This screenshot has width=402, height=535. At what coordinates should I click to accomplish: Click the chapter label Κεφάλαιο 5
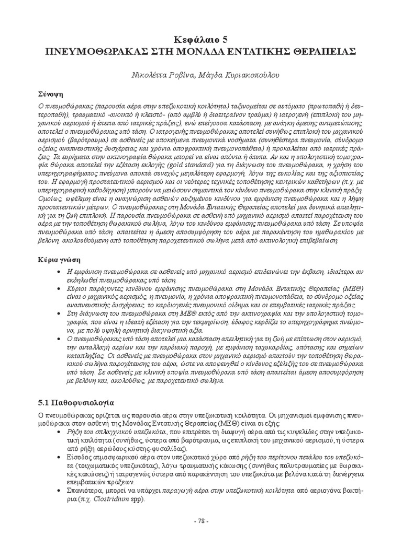201,39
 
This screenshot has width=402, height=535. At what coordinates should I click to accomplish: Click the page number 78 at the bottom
201,521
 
